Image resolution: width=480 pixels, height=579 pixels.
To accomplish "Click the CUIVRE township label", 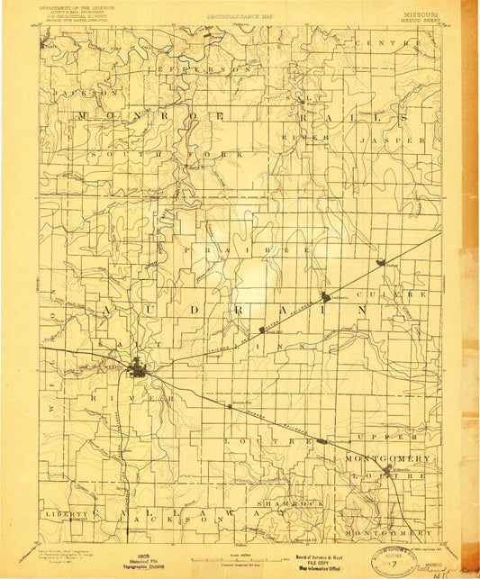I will [398, 294].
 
